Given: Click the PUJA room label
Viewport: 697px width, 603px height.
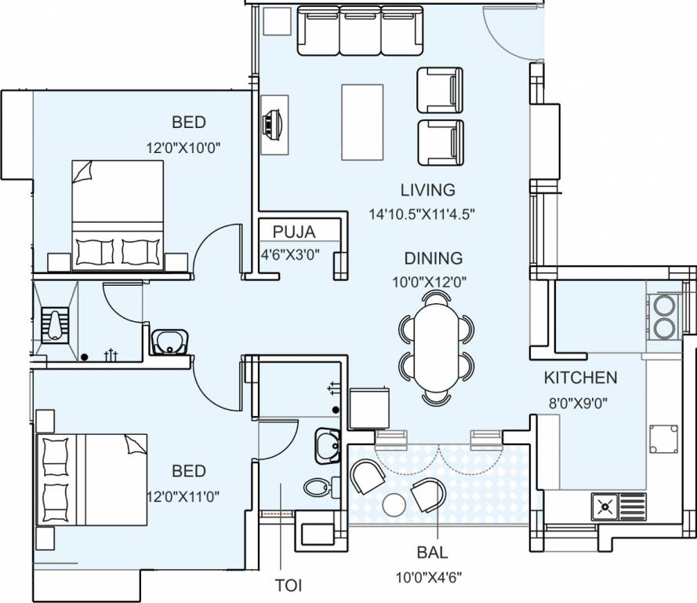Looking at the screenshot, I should pos(294,232).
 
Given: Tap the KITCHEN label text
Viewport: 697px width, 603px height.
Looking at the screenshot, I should pos(580,378).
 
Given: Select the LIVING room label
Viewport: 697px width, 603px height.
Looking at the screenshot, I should pos(427,190).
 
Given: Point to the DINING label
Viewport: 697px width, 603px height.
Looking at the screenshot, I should pos(433,258).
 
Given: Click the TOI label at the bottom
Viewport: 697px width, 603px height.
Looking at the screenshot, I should pos(289,586).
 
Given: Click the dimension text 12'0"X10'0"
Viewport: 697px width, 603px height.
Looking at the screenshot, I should pos(188,146).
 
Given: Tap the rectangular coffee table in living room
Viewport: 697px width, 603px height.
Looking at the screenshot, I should pos(362,122).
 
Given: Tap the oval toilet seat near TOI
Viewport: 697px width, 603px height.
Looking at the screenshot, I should pos(318,487).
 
